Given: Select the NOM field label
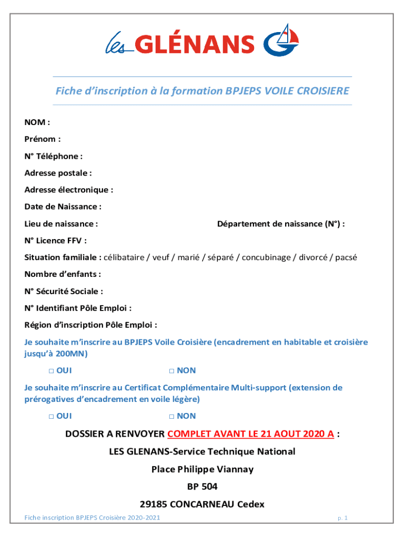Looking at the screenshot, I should pyautogui.click(x=37, y=122).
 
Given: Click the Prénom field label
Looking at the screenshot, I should pyautogui.click(x=42, y=139).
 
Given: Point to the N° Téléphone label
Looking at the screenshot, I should pyautogui.click(x=53, y=156).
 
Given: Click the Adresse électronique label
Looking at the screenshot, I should pyautogui.click(x=68, y=190).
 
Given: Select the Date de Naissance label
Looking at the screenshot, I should pyautogui.click(x=63, y=206).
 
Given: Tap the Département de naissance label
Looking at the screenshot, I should pyautogui.click(x=281, y=224).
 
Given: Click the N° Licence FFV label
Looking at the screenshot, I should pyautogui.click(x=55, y=241).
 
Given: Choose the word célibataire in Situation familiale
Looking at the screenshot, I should pyautogui.click(x=124, y=257).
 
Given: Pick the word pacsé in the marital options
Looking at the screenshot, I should pyautogui.click(x=346, y=257).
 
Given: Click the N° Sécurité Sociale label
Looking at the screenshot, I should pyautogui.click(x=63, y=291).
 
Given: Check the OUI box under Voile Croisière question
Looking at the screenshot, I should pyautogui.click(x=52, y=371).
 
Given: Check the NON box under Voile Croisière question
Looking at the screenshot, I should pyautogui.click(x=172, y=371).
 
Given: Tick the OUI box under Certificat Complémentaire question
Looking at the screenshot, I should pyautogui.click(x=52, y=416).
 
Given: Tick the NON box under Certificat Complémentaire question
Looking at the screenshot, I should pyautogui.click(x=172, y=416).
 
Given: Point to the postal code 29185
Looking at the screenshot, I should pyautogui.click(x=155, y=504).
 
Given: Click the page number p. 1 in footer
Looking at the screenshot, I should pyautogui.click(x=342, y=518).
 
